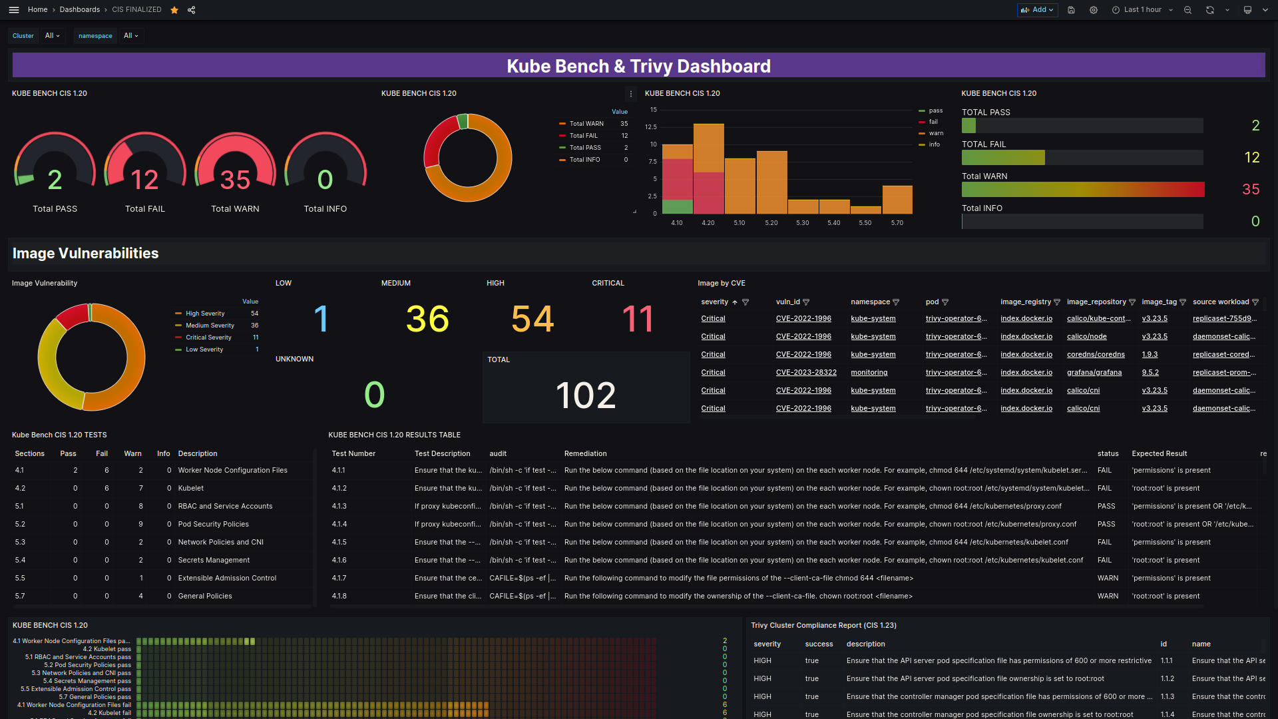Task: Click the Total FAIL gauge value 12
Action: click(144, 180)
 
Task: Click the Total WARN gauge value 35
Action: click(235, 180)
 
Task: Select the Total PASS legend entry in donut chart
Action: click(585, 148)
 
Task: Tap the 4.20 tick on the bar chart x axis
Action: click(708, 223)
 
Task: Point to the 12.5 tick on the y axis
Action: click(650, 127)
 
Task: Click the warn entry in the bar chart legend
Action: click(935, 133)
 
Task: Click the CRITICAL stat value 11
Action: click(637, 319)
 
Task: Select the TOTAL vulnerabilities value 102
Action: click(586, 395)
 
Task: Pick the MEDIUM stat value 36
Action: click(427, 319)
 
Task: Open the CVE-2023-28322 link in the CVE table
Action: click(805, 373)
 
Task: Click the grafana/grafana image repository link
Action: click(1094, 373)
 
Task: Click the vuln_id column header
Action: click(787, 302)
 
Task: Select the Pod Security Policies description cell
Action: click(213, 525)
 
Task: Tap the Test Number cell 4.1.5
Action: click(339, 543)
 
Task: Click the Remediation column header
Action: click(585, 454)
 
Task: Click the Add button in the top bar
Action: click(1037, 10)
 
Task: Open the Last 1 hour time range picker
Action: click(1142, 10)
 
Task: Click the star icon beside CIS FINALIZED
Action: click(174, 10)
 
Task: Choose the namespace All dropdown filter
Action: click(130, 36)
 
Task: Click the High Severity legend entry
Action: click(205, 314)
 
